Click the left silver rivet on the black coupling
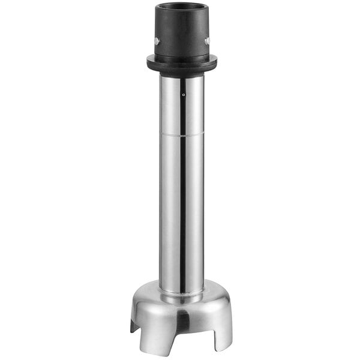coord(157,41)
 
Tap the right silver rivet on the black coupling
coord(208,41)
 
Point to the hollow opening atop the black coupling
coord(182,8)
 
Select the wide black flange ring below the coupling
coord(182,62)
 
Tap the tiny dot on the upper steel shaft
coord(183,94)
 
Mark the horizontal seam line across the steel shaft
coord(182,134)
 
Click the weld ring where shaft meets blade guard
coord(182,295)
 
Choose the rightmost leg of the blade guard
coord(223,333)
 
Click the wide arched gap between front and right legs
coord(192,333)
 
